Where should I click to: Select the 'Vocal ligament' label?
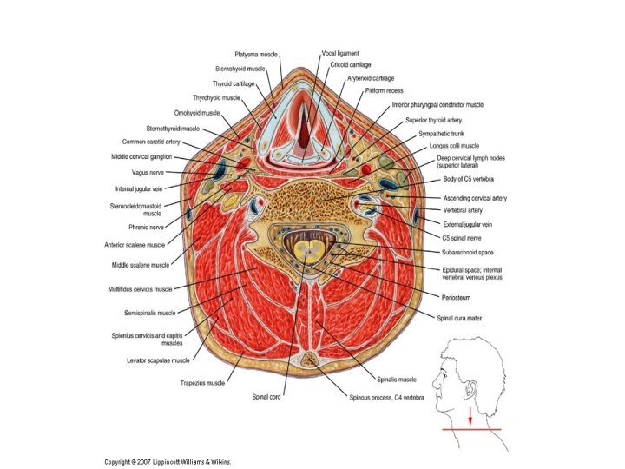[340, 53]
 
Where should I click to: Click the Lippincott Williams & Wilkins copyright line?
[168, 462]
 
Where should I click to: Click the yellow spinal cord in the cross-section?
[306, 253]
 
